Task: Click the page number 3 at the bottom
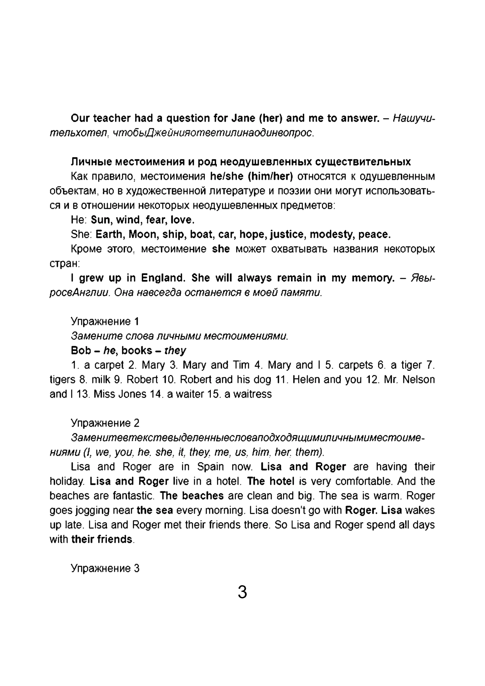coord(242,592)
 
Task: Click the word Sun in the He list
coord(101,220)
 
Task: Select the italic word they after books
coord(175,350)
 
